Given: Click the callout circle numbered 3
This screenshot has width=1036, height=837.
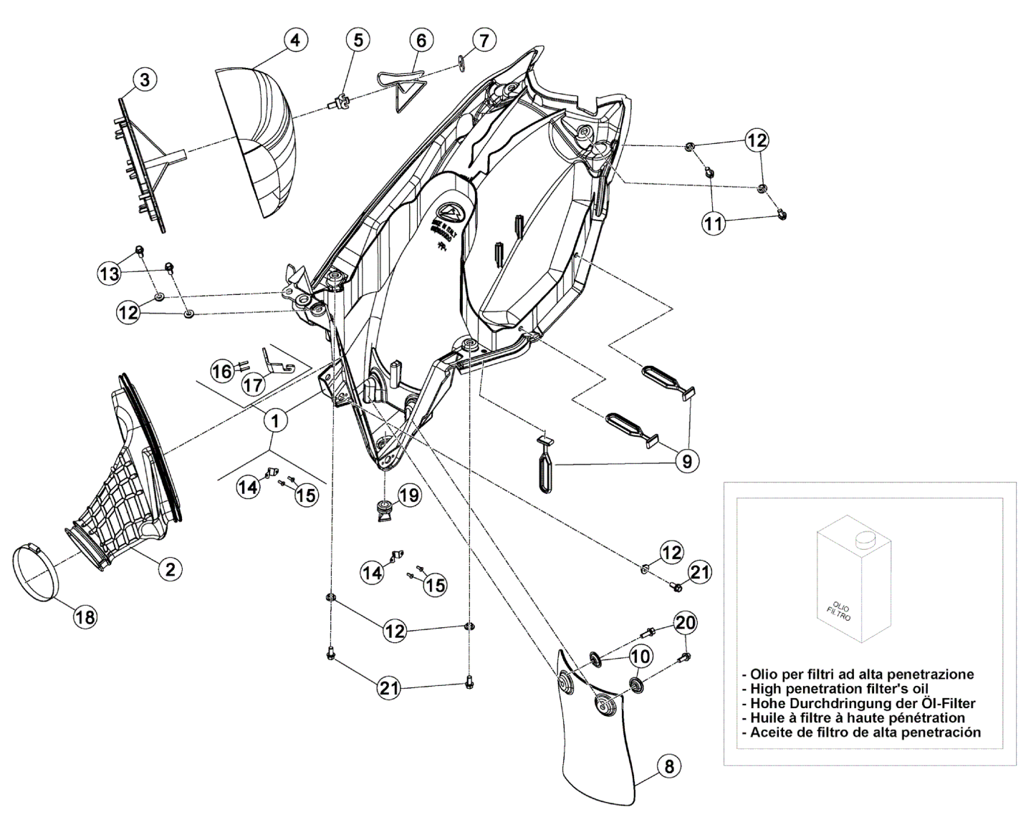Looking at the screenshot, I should (x=145, y=81).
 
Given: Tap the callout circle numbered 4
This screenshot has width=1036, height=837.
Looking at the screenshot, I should (x=294, y=41).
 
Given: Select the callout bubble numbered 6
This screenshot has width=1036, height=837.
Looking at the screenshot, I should (x=421, y=41).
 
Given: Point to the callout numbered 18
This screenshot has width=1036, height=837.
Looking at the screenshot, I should (x=85, y=616).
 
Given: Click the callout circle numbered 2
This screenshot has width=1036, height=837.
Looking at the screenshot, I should (x=170, y=569).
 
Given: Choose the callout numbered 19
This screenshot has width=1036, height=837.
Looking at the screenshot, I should (x=409, y=495).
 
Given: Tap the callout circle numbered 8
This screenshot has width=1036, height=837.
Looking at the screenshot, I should (x=668, y=767).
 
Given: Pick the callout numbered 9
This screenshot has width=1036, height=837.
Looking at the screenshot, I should (x=686, y=462).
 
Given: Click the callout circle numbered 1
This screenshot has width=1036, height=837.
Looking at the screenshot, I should (x=274, y=421).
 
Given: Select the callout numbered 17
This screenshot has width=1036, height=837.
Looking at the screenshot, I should (x=252, y=384).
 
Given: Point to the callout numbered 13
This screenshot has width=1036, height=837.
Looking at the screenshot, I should (x=110, y=273).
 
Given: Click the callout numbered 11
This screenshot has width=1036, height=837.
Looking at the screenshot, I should (x=713, y=223).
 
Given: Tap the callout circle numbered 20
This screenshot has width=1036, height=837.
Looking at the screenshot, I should (x=686, y=623).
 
